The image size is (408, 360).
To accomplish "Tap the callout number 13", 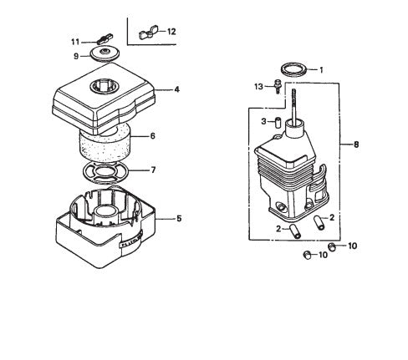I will point(258,85).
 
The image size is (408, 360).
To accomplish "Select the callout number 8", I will point(356,145).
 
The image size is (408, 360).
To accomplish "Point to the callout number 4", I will point(177,88).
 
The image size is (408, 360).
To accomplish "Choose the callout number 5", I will point(178,218).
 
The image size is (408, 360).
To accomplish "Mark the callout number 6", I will point(152,135).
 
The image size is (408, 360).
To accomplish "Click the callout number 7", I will point(152,170).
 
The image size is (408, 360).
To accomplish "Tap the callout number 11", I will point(74,40).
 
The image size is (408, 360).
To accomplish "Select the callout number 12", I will point(171,32).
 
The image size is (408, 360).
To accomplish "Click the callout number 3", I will point(263,121).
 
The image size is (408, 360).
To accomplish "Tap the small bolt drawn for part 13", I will point(274,87).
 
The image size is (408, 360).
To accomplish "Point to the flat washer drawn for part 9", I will point(105,54).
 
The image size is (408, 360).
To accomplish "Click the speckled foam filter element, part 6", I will point(105,147).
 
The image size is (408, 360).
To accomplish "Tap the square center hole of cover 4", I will point(107,84).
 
